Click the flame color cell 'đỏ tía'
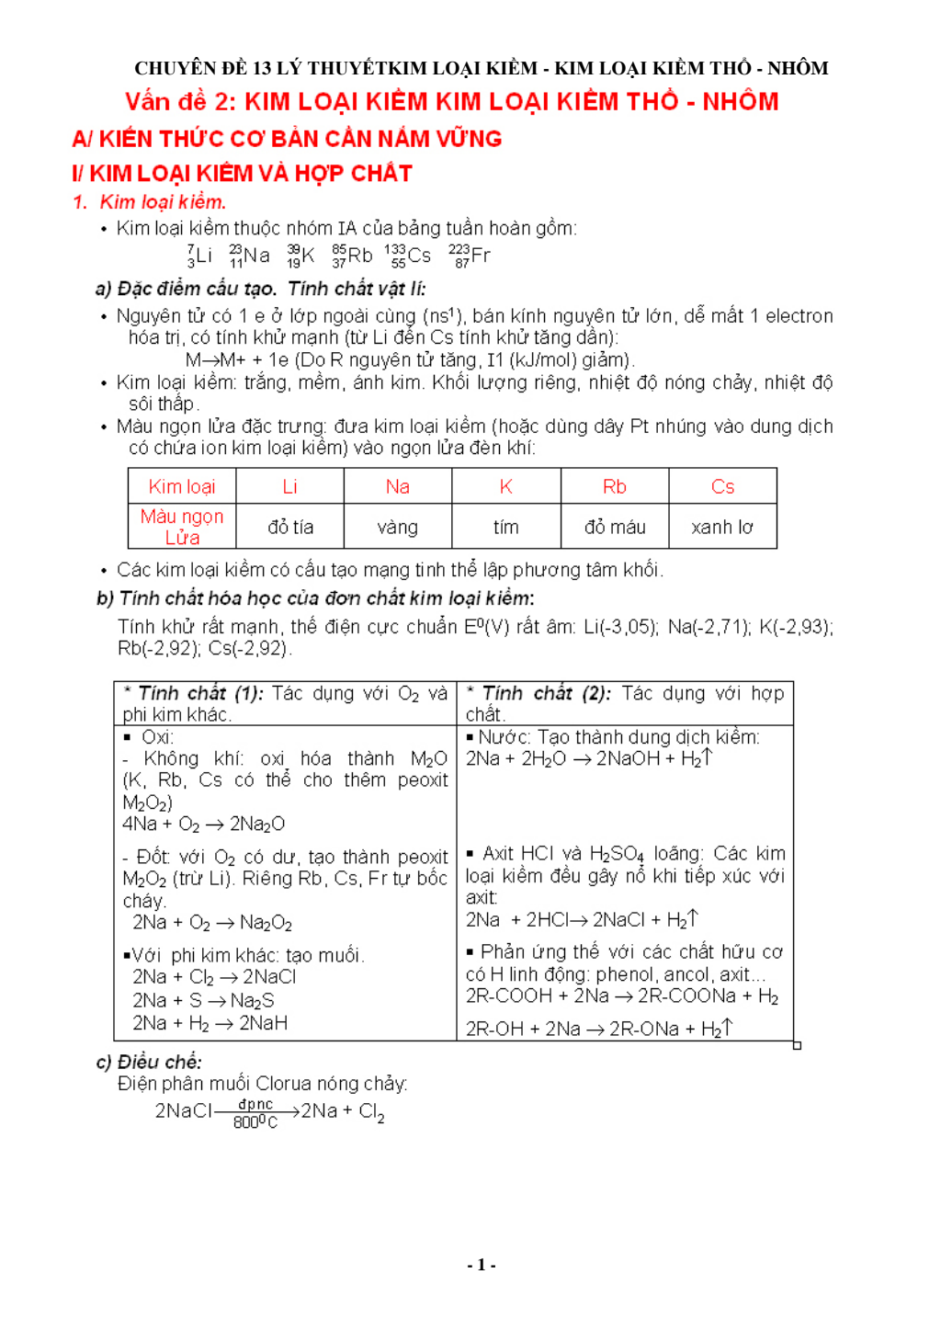click(x=290, y=527)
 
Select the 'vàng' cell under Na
click(x=397, y=527)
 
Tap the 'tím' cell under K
click(x=505, y=527)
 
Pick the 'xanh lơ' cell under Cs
click(x=722, y=527)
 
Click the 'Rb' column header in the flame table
click(x=614, y=486)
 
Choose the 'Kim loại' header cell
click(x=182, y=486)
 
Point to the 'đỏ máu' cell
click(x=615, y=527)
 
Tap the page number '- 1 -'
click(x=481, y=1265)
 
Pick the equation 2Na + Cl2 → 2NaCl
click(x=214, y=977)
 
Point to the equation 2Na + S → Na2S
click(x=203, y=1000)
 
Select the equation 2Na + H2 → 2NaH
click(x=210, y=1023)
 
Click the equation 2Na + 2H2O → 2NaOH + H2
click(x=588, y=758)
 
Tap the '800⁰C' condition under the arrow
click(x=255, y=1122)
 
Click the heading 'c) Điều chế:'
click(x=149, y=1062)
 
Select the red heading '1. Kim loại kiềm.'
click(x=150, y=202)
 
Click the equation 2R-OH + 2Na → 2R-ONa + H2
click(x=597, y=1029)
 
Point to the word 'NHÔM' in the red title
click(x=740, y=101)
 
